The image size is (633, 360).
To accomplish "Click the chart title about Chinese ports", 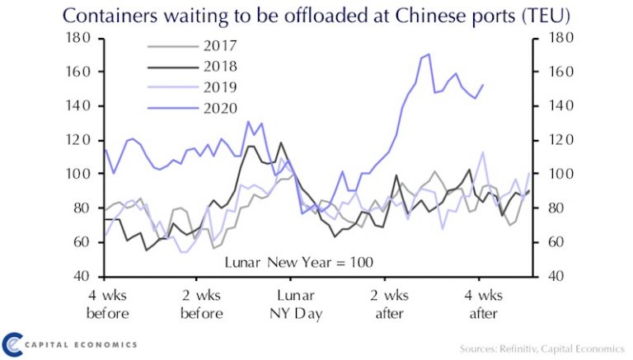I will (x=316, y=16).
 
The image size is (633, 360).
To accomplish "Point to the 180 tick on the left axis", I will (x=79, y=38).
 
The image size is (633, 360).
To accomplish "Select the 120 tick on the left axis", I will (x=79, y=140).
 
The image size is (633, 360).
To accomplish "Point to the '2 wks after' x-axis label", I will (x=390, y=304).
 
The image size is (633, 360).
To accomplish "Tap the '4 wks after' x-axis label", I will (x=484, y=304).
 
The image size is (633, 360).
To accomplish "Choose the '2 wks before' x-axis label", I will (x=201, y=304).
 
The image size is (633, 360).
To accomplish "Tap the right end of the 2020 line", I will (x=482, y=85).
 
